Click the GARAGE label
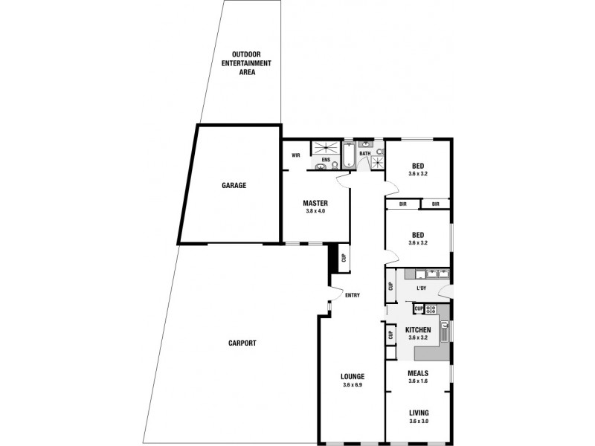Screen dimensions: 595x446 point(234,185)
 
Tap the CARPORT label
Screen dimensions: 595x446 point(242,343)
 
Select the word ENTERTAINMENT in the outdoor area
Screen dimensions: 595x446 point(246,63)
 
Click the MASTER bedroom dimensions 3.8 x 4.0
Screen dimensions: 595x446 point(315,211)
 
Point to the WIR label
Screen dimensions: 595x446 point(295,155)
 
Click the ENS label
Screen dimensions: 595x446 point(326,160)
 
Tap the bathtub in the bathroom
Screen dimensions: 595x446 point(348,155)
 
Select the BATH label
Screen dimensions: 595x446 point(364,154)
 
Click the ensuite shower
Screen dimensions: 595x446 point(326,147)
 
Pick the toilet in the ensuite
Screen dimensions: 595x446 point(335,165)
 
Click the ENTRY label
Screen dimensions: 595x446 point(353,295)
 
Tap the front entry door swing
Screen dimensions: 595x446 point(336,293)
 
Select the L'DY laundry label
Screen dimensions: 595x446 point(421,288)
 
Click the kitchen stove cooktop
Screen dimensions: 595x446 point(431,309)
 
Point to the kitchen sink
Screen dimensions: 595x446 point(445,330)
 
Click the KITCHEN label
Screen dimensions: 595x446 point(418,330)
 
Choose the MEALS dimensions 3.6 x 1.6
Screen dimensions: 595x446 point(418,381)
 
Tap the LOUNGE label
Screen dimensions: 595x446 point(353,377)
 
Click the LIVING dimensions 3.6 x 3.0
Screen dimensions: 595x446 point(419,421)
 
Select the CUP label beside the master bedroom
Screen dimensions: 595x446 point(344,258)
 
